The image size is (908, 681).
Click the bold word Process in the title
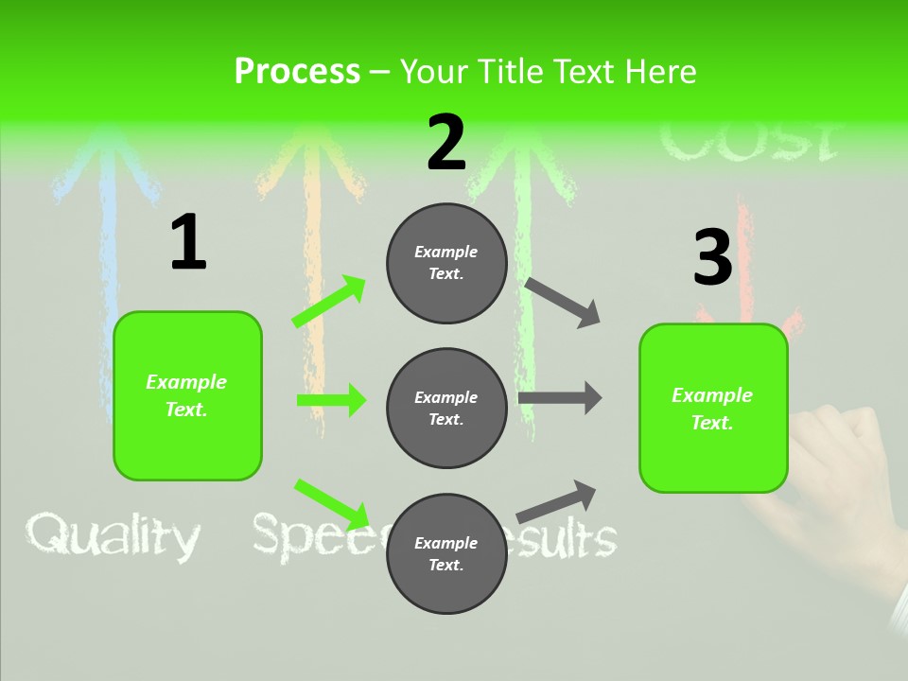click(297, 72)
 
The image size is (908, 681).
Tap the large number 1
click(188, 243)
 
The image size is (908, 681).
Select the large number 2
click(446, 144)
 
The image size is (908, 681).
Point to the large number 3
click(712, 258)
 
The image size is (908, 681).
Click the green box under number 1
click(187, 395)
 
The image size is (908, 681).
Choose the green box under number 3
click(713, 408)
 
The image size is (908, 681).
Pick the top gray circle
click(446, 263)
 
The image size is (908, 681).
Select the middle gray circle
click(446, 408)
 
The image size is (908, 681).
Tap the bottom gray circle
click(446, 553)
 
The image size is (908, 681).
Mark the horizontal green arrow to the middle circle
click(331, 400)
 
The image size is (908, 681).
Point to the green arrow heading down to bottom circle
click(331, 503)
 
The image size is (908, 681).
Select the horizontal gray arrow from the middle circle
click(560, 398)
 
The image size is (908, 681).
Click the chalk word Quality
click(113, 537)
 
